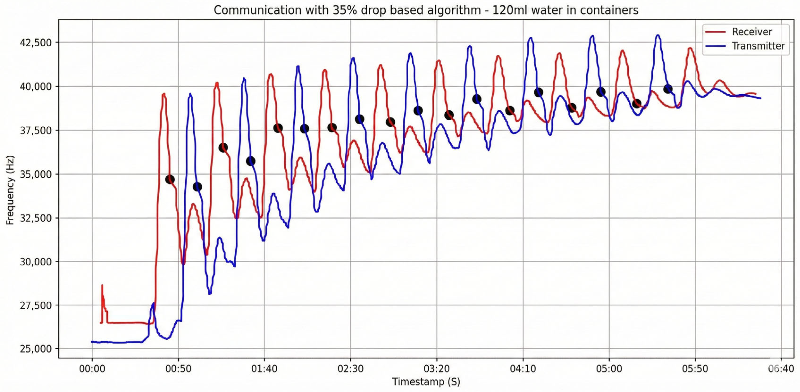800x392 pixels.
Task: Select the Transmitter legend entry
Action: (x=758, y=46)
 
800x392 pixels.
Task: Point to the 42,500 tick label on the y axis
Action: (x=35, y=42)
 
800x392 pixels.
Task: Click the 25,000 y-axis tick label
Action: (x=35, y=349)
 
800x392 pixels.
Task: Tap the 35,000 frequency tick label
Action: (x=35, y=174)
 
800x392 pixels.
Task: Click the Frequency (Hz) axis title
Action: (x=10, y=190)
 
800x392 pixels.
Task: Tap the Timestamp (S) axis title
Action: (x=426, y=381)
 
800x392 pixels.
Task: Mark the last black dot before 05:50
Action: (x=668, y=89)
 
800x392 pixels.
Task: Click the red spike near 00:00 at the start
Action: (x=102, y=286)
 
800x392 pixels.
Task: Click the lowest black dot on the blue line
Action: (x=197, y=187)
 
